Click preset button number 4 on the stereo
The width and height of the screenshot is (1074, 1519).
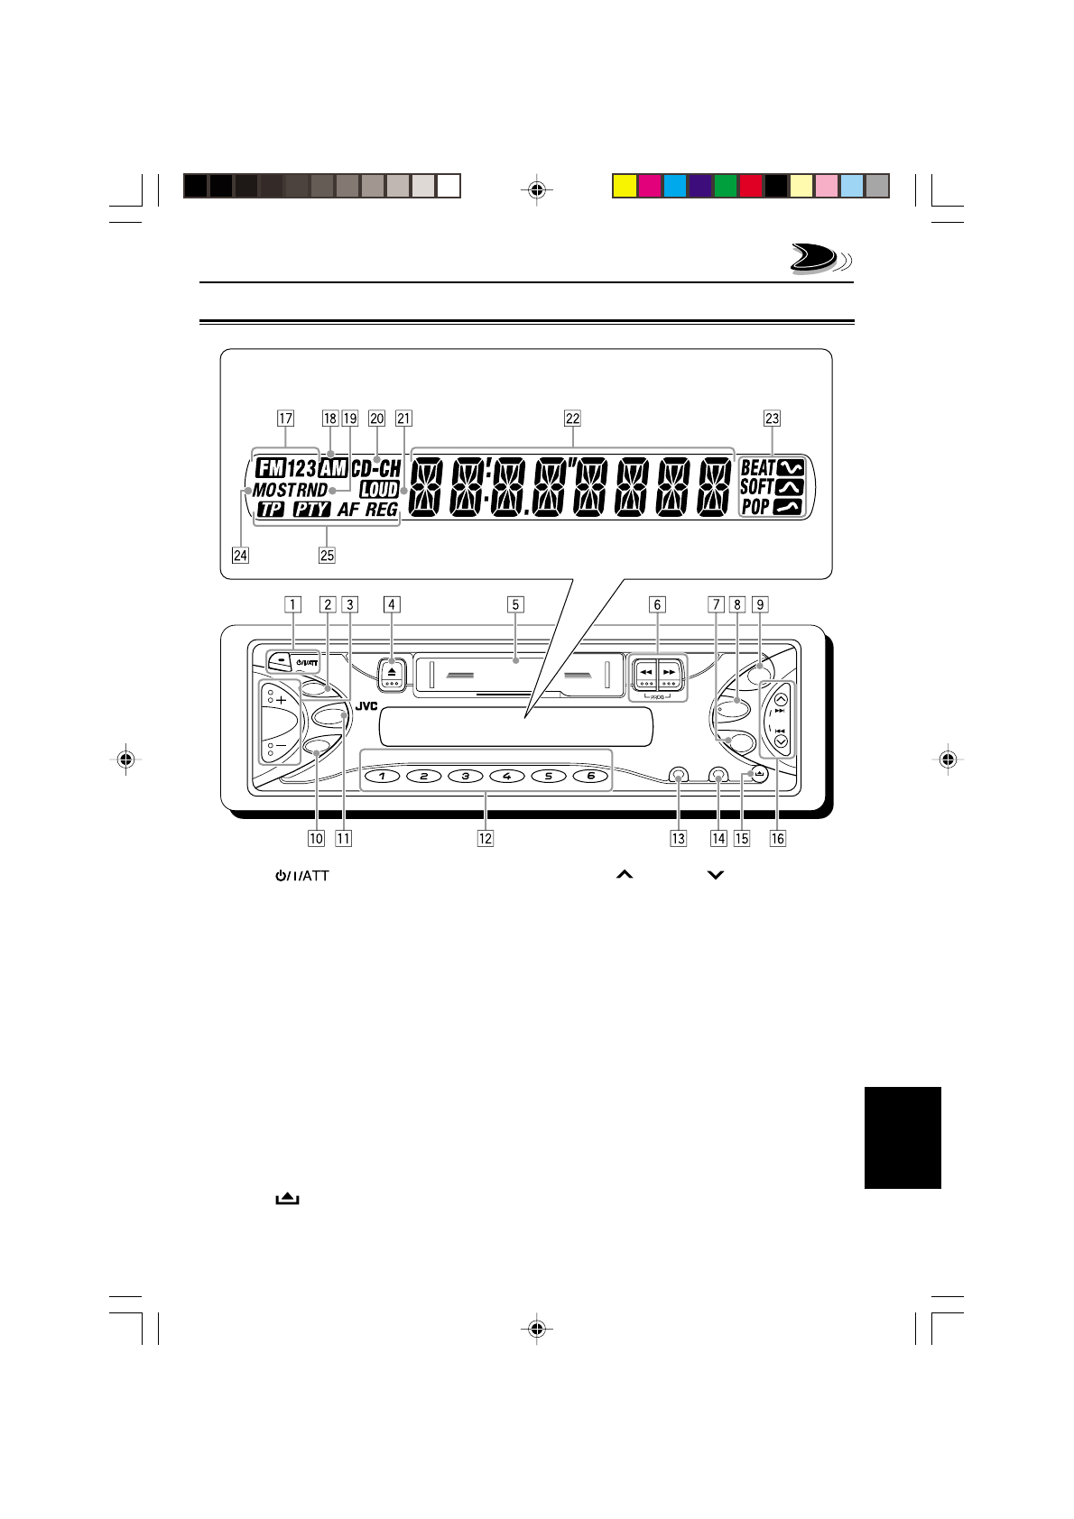click(x=507, y=776)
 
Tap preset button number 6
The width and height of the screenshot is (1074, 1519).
click(x=590, y=776)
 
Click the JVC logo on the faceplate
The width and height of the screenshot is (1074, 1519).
click(x=366, y=706)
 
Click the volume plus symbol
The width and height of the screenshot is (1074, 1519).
click(x=282, y=700)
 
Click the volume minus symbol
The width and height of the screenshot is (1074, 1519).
click(x=282, y=747)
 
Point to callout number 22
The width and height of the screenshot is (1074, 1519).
click(x=572, y=419)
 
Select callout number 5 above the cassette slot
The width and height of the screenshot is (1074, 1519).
click(x=515, y=605)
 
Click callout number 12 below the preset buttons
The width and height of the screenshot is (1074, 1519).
click(x=486, y=838)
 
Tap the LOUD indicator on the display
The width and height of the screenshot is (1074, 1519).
click(x=379, y=490)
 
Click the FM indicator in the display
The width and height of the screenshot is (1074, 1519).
click(x=271, y=468)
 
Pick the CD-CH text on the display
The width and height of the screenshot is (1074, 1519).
click(x=375, y=468)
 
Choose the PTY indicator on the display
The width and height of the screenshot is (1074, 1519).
click(x=311, y=510)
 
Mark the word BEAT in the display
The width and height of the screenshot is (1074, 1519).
click(x=757, y=468)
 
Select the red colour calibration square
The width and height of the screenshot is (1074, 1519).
click(x=751, y=186)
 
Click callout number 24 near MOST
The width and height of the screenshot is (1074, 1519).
click(x=240, y=555)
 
